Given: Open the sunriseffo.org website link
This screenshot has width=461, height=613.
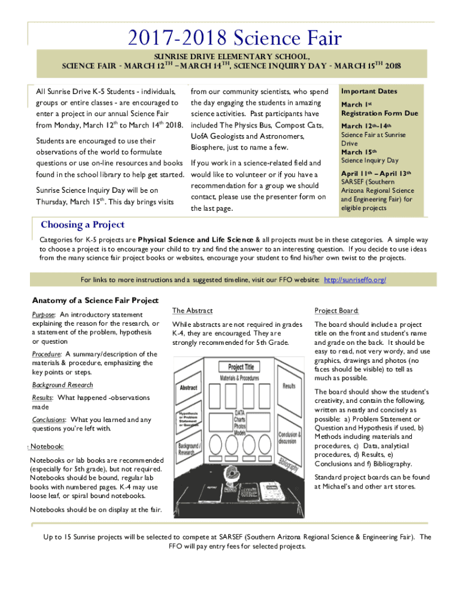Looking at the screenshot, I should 354,280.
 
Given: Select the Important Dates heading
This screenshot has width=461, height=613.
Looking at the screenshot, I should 369,91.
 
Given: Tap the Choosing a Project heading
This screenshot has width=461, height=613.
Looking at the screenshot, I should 83,225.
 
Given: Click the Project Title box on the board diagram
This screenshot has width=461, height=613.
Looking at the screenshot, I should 241,367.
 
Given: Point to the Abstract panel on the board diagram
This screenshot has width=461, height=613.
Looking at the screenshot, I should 188,388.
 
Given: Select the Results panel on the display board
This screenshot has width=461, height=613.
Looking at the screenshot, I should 289,386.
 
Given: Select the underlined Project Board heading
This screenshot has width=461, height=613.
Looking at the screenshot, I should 336,311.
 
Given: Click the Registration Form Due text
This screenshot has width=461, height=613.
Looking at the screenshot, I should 380,113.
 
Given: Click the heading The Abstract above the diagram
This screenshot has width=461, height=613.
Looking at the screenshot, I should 192,311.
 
